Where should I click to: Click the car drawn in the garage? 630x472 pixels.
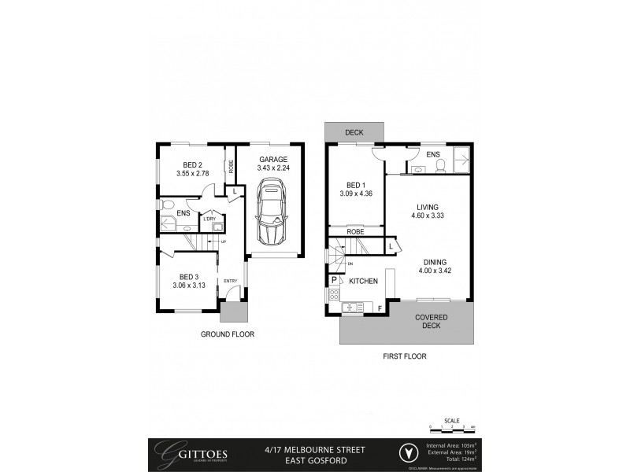click(272, 212)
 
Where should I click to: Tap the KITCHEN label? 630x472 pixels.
click(362, 281)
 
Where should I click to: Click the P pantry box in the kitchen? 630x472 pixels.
click(334, 280)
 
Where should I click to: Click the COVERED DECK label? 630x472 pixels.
click(432, 322)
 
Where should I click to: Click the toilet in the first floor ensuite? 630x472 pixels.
click(442, 165)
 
